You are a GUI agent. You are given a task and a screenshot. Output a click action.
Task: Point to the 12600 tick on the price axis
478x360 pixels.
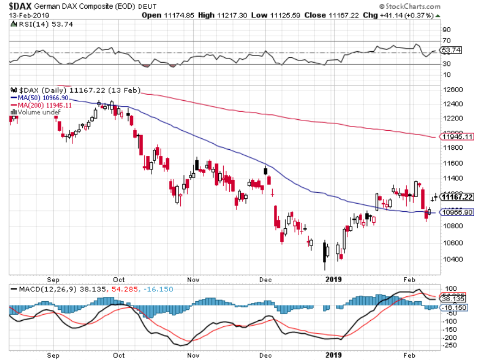point(453,89)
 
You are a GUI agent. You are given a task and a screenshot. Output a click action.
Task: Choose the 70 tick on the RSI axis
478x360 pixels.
point(446,41)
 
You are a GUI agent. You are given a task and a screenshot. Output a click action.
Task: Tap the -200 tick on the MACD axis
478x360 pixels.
point(450,338)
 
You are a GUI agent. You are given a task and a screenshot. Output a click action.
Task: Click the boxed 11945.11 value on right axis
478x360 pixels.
point(456,137)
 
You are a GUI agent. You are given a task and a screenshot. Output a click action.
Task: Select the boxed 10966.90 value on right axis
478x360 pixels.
point(456,212)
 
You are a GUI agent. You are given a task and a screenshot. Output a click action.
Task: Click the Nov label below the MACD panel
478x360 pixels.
point(193,355)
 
